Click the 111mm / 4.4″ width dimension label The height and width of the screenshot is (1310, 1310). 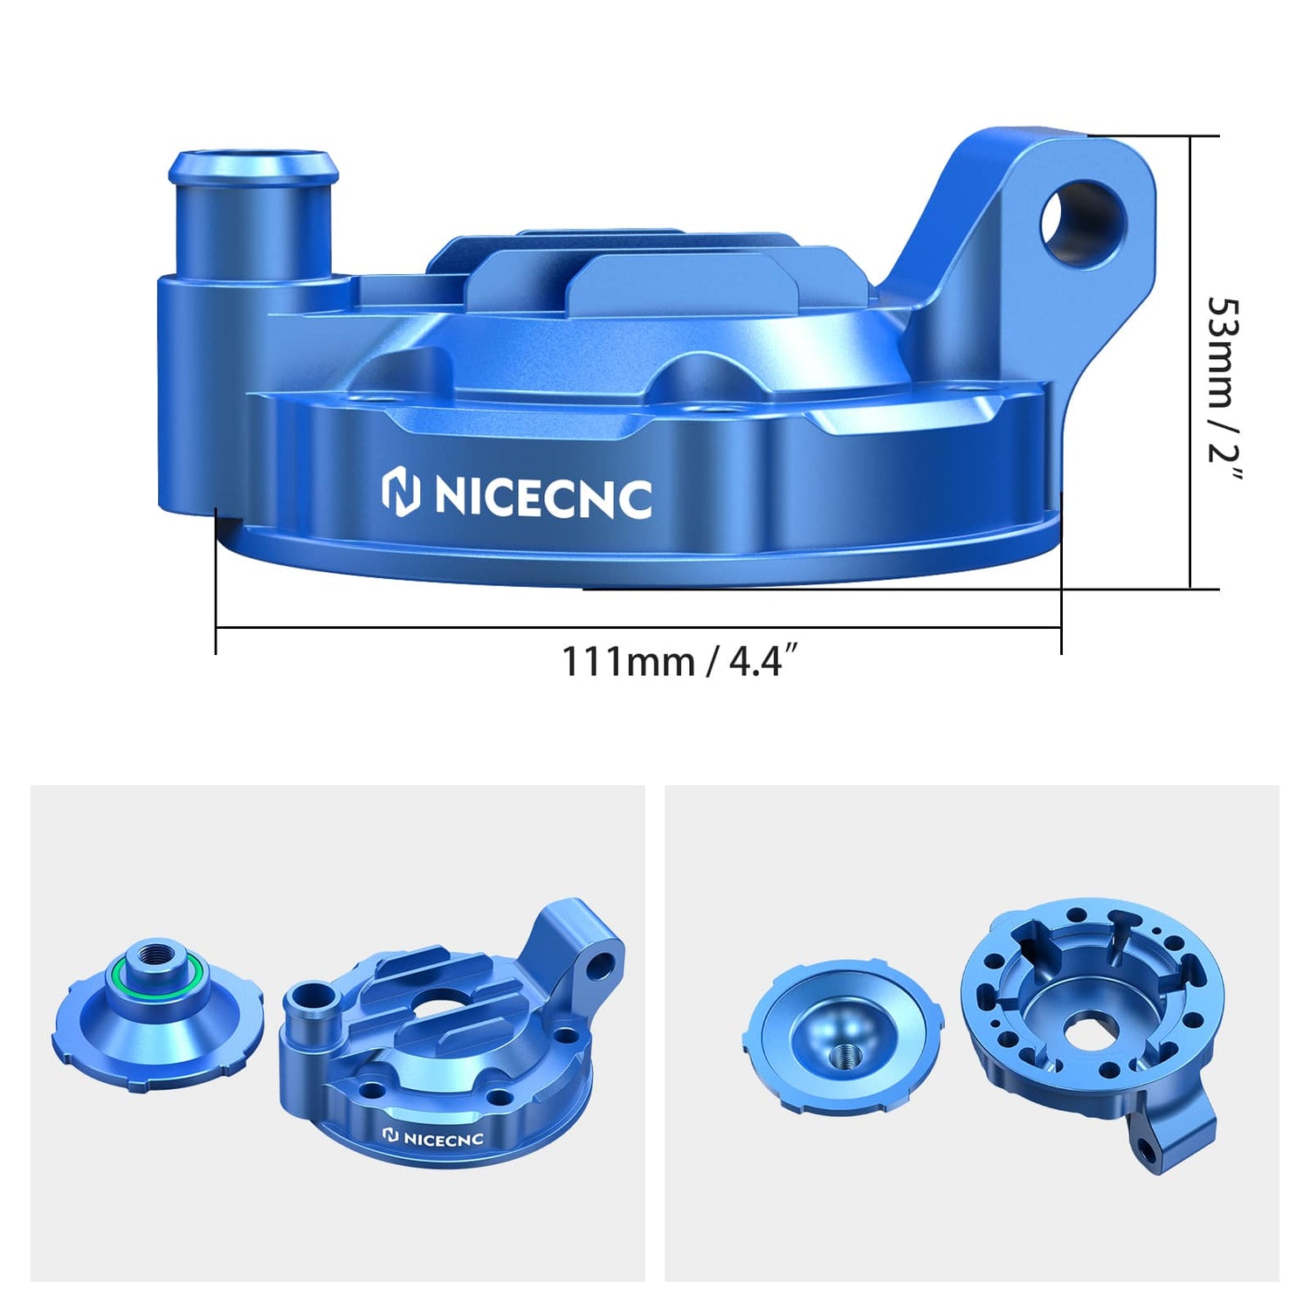(679, 661)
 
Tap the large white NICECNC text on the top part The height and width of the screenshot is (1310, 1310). (542, 497)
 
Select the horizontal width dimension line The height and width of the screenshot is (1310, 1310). (638, 627)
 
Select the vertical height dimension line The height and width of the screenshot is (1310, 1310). (1191, 362)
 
